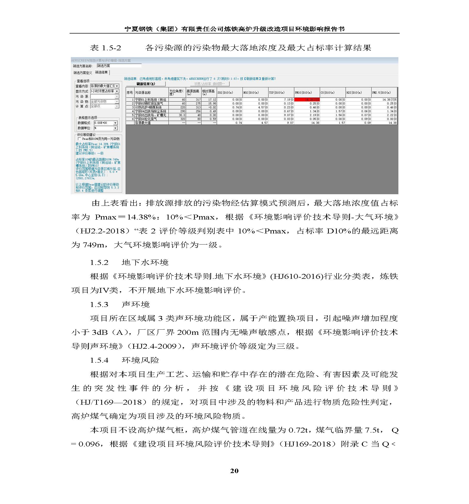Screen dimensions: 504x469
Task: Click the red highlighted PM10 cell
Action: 307,100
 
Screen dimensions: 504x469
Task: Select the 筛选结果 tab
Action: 101,72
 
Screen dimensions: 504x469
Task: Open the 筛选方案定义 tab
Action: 82,73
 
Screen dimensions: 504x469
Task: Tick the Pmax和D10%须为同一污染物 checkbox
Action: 79,139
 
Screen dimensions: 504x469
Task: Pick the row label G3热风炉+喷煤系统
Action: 148,107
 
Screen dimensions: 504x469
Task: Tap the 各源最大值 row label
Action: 143,123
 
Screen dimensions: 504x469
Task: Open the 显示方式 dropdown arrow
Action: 117,91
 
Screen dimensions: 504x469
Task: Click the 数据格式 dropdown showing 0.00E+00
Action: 105,123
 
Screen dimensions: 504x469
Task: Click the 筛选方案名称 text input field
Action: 119,66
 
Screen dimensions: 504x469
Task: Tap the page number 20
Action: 234,471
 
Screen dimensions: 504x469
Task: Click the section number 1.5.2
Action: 99,263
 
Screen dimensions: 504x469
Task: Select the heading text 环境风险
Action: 140,360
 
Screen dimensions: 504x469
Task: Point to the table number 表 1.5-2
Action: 105,48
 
